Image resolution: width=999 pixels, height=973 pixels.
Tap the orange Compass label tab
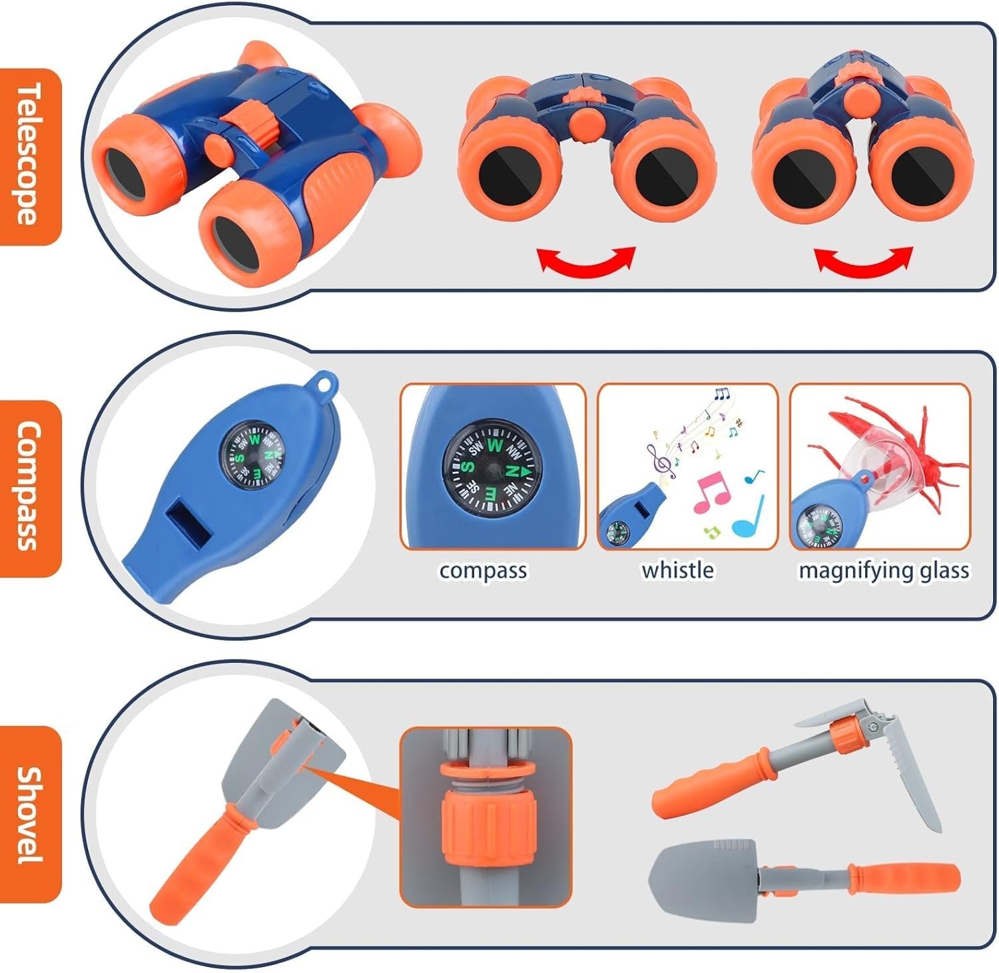pyautogui.click(x=30, y=488)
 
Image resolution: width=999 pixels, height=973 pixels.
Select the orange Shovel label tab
pyautogui.click(x=30, y=814)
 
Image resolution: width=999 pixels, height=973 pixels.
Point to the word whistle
pyautogui.click(x=677, y=570)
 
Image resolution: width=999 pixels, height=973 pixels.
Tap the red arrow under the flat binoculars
pyautogui.click(x=587, y=260)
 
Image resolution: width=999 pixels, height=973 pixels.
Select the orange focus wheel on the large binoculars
pyautogui.click(x=255, y=122)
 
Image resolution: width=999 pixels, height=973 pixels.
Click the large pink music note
pyautogui.click(x=712, y=492)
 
